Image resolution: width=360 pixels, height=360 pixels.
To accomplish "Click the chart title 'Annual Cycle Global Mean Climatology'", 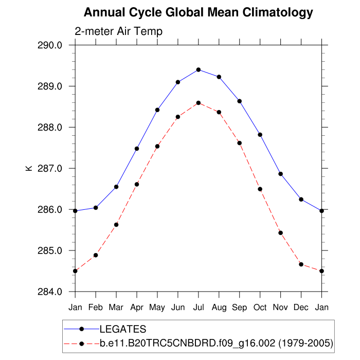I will coord(198,12).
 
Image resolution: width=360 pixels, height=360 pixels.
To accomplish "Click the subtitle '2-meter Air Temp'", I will coord(118,31).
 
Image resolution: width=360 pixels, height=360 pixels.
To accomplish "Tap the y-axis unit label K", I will coord(29,168).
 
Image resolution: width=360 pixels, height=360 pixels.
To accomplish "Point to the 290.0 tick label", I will coord(50,45).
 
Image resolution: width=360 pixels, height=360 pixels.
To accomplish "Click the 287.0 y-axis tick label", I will coord(50,169).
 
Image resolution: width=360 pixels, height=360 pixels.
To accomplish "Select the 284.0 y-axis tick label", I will coord(50,292).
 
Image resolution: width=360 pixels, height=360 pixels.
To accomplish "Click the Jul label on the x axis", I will coord(199,308).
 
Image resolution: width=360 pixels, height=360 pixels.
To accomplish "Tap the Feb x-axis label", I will coord(96,308).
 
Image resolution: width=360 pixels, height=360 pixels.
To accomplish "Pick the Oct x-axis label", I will coord(260,308).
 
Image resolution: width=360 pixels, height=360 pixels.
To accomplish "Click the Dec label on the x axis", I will coord(301,308).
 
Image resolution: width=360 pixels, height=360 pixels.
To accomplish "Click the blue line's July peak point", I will coord(199,69).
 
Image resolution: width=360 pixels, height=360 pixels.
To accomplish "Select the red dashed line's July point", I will coord(199,103).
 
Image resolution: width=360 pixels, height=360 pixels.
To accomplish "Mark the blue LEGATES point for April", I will coord(137,149).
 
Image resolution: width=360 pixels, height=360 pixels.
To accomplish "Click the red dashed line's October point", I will coord(260,189).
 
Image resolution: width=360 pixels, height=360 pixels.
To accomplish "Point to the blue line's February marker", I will coord(96,208).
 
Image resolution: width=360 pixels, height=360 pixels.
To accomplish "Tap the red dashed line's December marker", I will coord(301,264).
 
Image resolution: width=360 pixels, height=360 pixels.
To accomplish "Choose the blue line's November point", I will coord(281,174).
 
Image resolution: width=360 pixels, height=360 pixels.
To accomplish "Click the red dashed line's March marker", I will coord(116,225).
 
